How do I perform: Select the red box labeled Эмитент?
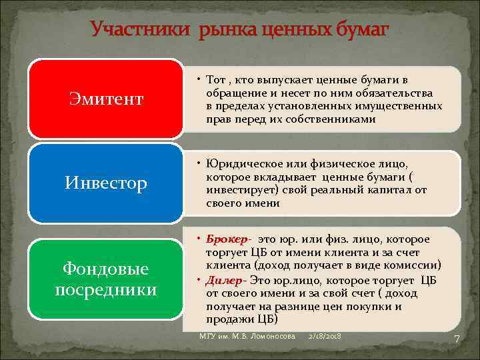point(106,99)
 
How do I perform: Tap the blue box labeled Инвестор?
point(106,183)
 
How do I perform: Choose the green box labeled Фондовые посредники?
point(106,279)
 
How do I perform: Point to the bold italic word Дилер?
point(225,280)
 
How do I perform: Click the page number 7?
point(457,339)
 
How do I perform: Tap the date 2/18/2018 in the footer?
point(325,337)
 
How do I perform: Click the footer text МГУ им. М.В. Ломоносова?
point(247,337)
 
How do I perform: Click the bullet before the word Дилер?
point(201,280)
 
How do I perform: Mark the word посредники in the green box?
point(106,290)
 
